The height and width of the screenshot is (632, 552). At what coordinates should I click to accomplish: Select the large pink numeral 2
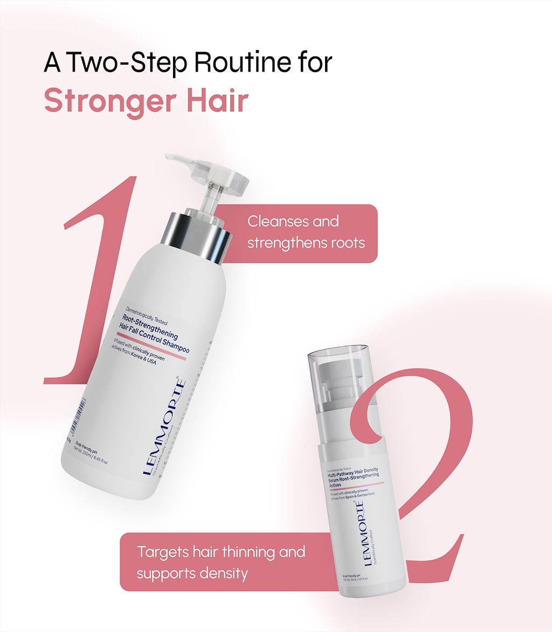(x=426, y=484)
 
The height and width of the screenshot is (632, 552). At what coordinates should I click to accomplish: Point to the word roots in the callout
(x=347, y=243)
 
